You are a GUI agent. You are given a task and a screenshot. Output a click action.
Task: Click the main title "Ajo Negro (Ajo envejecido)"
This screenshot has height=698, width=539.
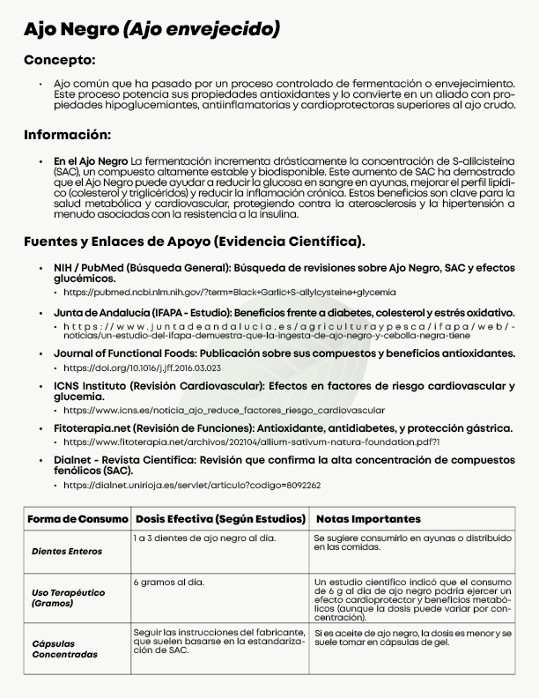pyautogui.click(x=152, y=29)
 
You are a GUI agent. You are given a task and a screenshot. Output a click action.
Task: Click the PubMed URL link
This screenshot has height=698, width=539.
pyautogui.click(x=229, y=292)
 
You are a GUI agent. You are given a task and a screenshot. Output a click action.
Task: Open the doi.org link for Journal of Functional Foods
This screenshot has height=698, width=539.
pyautogui.click(x=143, y=368)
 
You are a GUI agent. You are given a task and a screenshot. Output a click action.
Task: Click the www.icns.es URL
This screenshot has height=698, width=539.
pyautogui.click(x=224, y=410)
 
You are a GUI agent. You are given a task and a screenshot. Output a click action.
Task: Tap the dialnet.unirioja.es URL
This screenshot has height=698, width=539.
pyautogui.click(x=192, y=485)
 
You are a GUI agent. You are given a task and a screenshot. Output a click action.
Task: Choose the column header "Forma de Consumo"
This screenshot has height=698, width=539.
pyautogui.click(x=78, y=519)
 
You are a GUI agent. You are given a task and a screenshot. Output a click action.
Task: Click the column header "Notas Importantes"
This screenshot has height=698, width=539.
pyautogui.click(x=368, y=519)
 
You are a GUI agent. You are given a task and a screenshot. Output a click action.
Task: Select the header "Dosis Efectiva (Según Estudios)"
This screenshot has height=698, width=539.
pyautogui.click(x=220, y=519)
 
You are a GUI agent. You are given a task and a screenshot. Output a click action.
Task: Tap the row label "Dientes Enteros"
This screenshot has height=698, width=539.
pyautogui.click(x=67, y=552)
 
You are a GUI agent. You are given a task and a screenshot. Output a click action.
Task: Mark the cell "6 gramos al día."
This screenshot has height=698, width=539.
pyautogui.click(x=169, y=583)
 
